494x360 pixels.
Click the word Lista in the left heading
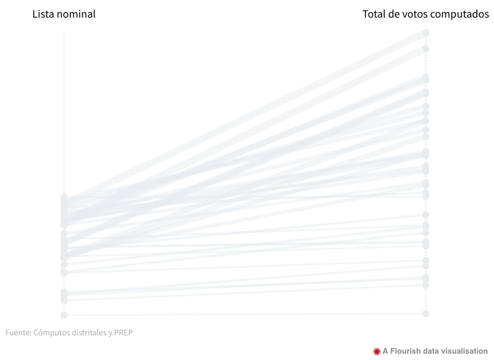click(44, 14)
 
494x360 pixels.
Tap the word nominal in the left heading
click(76, 14)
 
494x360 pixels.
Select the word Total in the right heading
click(374, 14)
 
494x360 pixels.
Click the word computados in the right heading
click(461, 14)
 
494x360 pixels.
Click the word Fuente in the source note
click(18, 333)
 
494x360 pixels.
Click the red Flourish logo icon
click(376, 351)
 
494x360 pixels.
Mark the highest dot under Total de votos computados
click(426, 32)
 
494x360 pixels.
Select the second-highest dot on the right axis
click(426, 49)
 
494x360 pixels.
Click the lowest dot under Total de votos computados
click(426, 313)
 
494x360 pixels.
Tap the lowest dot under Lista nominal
click(64, 315)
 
